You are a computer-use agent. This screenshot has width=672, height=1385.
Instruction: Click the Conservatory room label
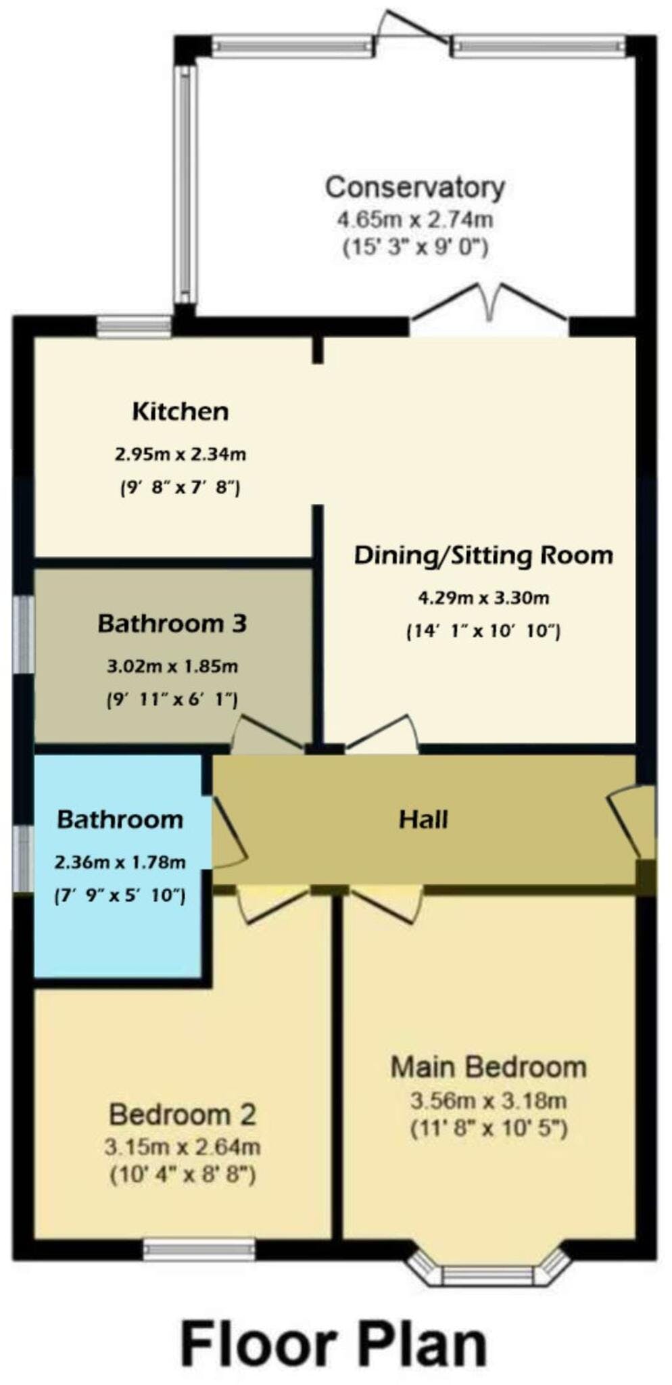(414, 187)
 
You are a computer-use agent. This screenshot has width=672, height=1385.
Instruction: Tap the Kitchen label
(180, 411)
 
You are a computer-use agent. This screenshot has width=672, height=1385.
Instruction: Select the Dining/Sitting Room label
(483, 555)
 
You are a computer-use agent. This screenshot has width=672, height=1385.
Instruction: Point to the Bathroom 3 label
(172, 623)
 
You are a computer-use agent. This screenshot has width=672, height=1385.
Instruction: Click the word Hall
(423, 819)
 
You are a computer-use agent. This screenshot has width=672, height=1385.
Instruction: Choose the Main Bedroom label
(488, 1067)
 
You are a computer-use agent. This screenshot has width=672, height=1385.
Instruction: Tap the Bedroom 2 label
(183, 1114)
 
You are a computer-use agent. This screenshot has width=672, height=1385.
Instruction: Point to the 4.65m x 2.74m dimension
(415, 220)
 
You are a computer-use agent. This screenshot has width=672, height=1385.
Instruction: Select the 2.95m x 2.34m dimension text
(180, 454)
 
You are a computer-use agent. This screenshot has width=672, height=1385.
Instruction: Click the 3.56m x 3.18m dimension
(488, 1101)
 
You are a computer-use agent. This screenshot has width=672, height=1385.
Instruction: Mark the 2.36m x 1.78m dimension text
(120, 862)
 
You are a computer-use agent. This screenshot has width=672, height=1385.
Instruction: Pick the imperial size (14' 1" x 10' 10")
(483, 632)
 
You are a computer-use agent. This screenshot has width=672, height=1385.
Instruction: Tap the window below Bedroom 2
(199, 1250)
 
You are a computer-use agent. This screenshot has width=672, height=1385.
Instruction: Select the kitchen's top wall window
(134, 327)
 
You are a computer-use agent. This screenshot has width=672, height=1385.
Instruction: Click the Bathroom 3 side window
(24, 634)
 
